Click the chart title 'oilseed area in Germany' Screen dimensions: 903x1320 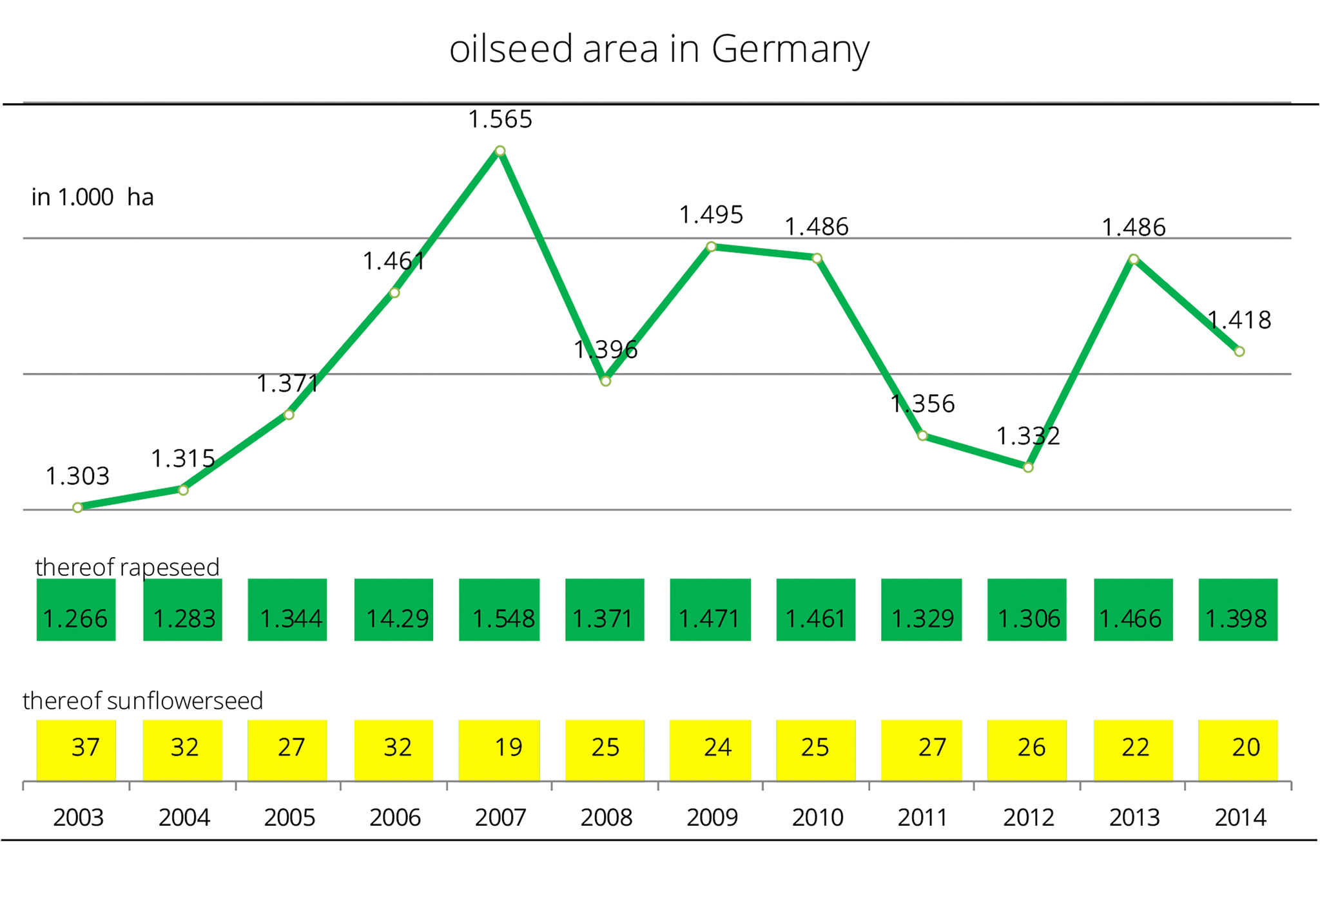(x=659, y=49)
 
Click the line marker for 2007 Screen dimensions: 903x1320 (x=500, y=151)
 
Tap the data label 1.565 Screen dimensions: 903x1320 (x=500, y=119)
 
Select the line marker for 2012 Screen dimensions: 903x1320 (x=1028, y=468)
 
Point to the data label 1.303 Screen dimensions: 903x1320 (x=77, y=476)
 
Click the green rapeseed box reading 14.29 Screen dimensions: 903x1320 (x=394, y=609)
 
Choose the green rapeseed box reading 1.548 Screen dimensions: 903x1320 (x=500, y=609)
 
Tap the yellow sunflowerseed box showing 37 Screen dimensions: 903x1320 (x=76, y=750)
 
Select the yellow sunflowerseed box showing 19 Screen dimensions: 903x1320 (x=500, y=750)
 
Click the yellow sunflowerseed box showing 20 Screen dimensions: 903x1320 (x=1237, y=750)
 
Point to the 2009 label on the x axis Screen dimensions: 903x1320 (x=712, y=817)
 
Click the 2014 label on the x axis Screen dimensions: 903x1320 (x=1240, y=817)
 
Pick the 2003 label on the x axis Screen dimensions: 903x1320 (x=78, y=817)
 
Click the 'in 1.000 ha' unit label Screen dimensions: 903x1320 (x=93, y=197)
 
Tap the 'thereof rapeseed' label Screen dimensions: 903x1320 (x=128, y=567)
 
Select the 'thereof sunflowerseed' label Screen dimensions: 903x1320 (x=143, y=700)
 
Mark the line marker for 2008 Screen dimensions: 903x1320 (x=605, y=381)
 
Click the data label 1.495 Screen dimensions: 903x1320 (x=711, y=214)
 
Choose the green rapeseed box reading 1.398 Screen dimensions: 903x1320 (x=1237, y=609)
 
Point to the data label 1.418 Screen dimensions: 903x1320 (x=1239, y=320)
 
